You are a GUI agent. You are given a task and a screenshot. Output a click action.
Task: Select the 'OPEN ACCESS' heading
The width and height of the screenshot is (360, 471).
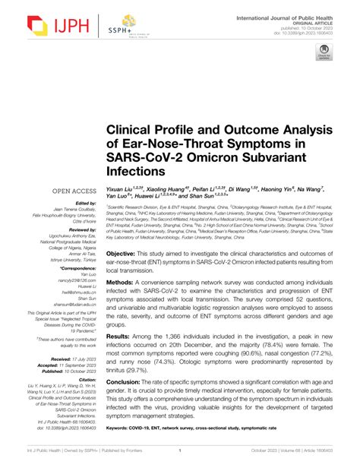pyautogui.click(x=74, y=191)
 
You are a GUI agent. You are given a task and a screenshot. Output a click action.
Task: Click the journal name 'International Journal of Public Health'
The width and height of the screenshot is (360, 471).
pyautogui.click(x=297, y=15)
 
